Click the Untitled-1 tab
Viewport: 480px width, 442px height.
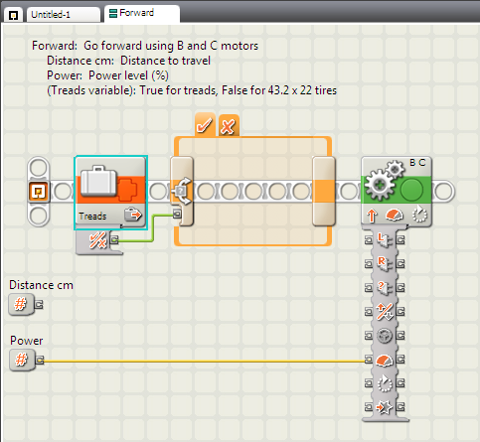pos(63,15)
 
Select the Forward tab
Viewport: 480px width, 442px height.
pos(142,13)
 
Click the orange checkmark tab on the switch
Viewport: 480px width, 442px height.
pos(205,125)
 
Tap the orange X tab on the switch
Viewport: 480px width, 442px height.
pos(229,125)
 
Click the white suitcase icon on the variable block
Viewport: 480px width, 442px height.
pos(98,181)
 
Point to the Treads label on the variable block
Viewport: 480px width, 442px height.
pos(92,217)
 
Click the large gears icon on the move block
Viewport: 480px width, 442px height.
pos(384,182)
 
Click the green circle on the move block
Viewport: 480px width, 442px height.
pos(411,190)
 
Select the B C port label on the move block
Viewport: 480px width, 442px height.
pos(417,163)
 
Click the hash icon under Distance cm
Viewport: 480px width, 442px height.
pos(21,304)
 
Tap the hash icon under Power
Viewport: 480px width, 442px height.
pos(22,360)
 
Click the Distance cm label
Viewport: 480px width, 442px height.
pos(41,285)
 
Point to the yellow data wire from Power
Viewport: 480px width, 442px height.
pos(204,361)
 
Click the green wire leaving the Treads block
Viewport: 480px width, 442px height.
pos(153,227)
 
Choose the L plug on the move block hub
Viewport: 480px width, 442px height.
pos(385,239)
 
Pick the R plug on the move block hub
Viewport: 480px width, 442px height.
pos(385,263)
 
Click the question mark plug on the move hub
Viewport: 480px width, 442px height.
pos(385,287)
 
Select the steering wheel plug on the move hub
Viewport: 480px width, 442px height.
pos(385,336)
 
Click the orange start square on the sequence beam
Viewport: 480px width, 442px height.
pos(39,192)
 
